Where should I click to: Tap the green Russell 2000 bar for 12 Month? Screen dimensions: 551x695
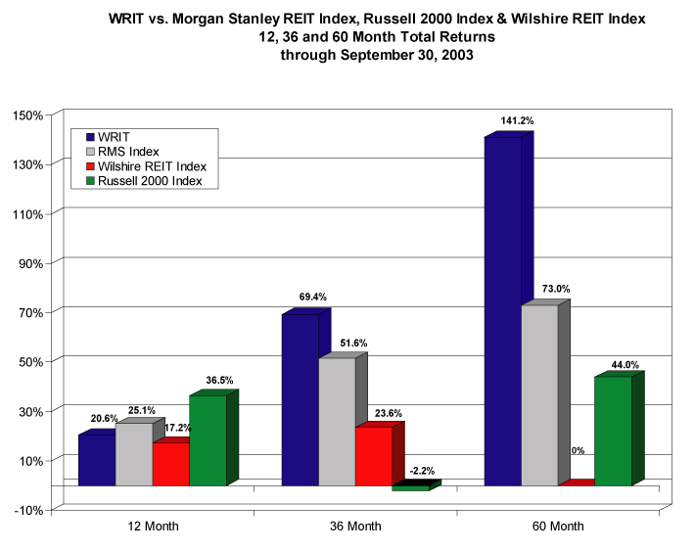[x=208, y=440]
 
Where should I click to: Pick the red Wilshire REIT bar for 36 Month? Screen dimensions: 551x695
[x=373, y=456]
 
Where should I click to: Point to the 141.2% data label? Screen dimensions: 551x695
[x=518, y=120]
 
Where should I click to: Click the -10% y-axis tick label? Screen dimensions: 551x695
[x=27, y=510]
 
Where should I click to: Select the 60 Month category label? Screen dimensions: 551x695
[x=559, y=527]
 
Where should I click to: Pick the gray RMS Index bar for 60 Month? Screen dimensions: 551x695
[x=539, y=395]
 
